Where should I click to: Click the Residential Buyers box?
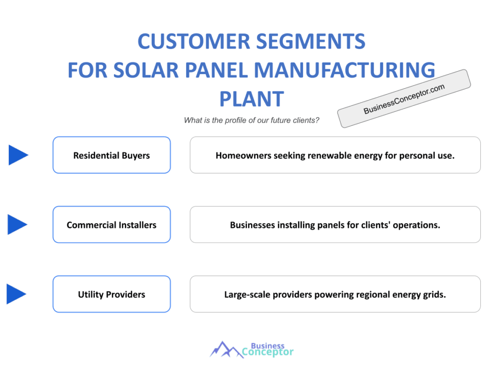[112, 155]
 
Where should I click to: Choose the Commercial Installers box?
[112, 225]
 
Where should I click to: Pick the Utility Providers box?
[112, 295]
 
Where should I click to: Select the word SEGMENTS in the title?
[311, 41]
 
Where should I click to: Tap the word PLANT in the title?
[252, 99]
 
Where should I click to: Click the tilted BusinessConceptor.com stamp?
[404, 98]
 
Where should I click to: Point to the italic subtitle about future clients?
[251, 120]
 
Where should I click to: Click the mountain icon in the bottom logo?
[226, 350]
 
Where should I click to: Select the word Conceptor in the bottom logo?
[268, 352]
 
